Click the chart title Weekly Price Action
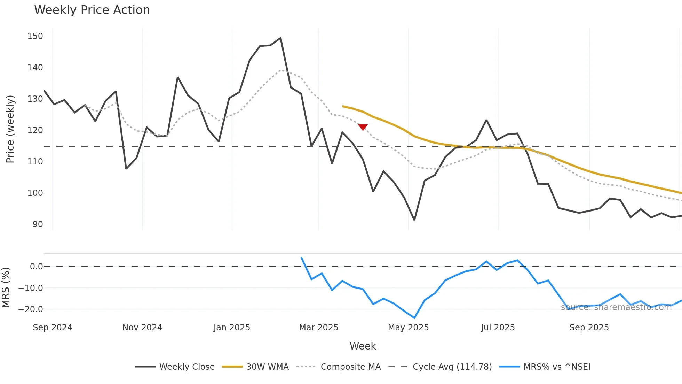click(92, 10)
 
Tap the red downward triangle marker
click(363, 127)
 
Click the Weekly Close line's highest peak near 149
click(280, 38)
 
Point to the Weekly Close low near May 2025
click(414, 220)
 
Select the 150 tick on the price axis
click(35, 36)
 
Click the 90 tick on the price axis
click(38, 224)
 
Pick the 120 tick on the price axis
click(35, 130)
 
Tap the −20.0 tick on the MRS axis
click(31, 309)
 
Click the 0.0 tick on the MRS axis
click(36, 267)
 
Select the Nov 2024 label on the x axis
click(142, 328)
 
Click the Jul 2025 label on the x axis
click(498, 328)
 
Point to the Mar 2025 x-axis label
click(318, 328)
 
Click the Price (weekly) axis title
click(10, 129)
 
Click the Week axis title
click(363, 346)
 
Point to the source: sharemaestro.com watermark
click(616, 307)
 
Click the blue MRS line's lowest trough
click(414, 317)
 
